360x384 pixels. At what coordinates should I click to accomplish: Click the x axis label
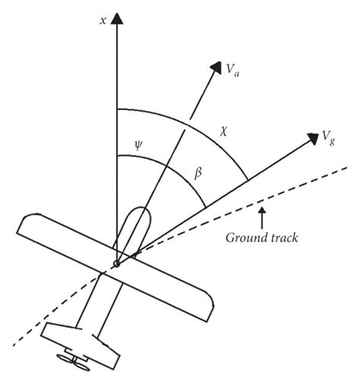pyautogui.click(x=102, y=21)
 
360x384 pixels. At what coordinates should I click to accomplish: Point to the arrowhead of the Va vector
pyautogui.click(x=211, y=68)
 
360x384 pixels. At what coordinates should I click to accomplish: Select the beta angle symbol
pyautogui.click(x=197, y=173)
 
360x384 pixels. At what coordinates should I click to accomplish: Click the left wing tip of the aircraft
pyautogui.click(x=24, y=224)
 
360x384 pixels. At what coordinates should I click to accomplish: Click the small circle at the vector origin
pyautogui.click(x=116, y=265)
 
